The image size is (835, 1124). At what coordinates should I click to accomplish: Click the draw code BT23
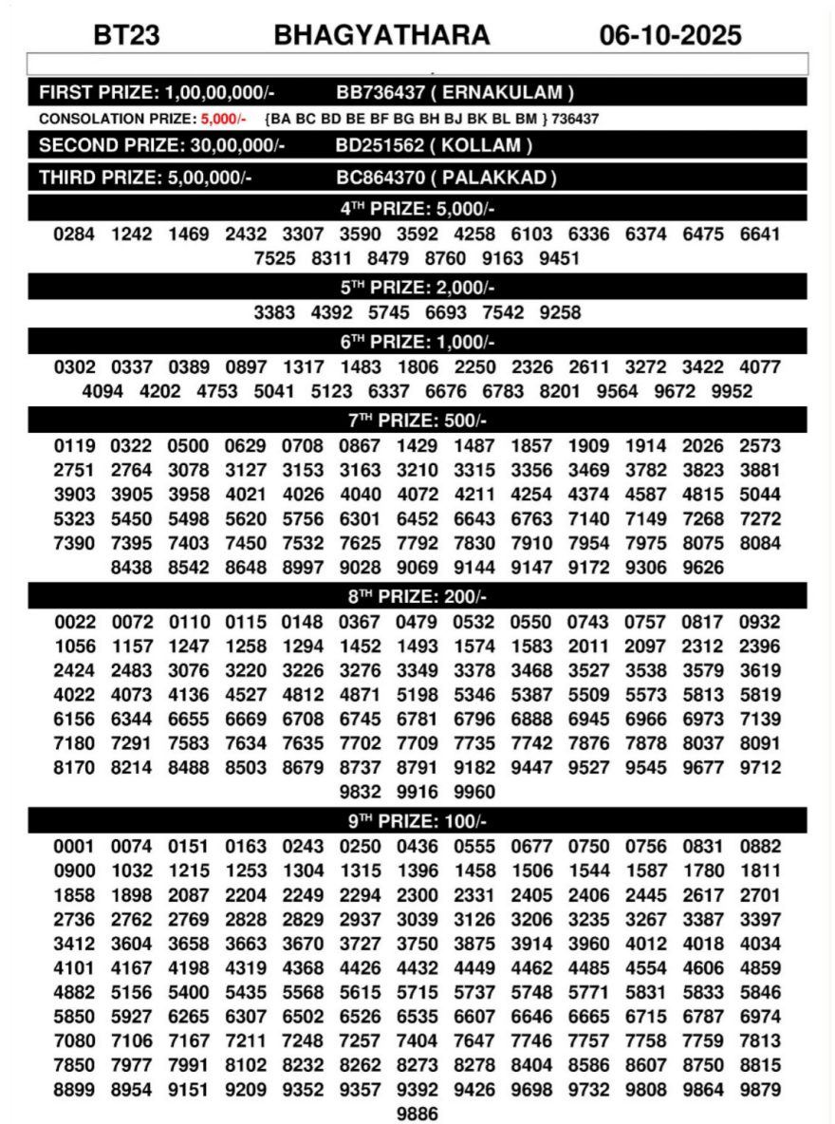coord(126,36)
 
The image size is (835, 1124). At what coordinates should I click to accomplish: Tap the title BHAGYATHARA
coord(381,36)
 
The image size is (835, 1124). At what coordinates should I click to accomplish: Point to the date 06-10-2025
coord(670,36)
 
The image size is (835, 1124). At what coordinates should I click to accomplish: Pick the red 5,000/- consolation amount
coord(223,119)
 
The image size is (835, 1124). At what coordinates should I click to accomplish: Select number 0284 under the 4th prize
coord(74,234)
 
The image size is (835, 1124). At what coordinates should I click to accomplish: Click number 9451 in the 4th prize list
coord(559,259)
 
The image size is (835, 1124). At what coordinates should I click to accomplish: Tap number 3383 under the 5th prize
coord(274,312)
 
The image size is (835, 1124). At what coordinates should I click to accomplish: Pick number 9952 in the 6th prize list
coord(732,392)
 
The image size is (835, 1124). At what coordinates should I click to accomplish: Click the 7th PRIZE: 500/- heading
coord(417,421)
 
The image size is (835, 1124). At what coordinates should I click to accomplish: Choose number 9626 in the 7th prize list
coord(702,569)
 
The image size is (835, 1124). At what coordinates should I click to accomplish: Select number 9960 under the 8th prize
coord(474,792)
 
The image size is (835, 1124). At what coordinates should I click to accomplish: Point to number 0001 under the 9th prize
coord(74,846)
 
